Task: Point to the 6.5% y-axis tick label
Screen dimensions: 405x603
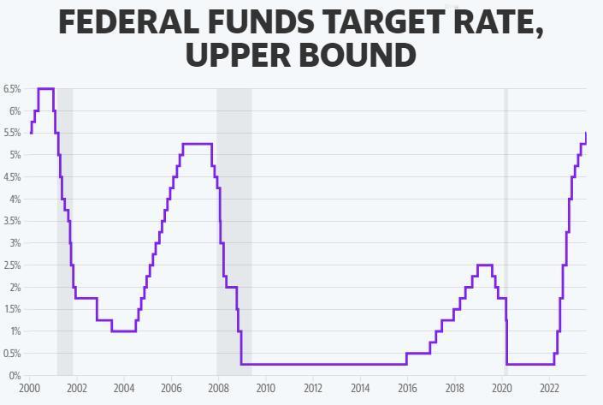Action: coord(12,89)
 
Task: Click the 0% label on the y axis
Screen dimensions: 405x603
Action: coord(14,376)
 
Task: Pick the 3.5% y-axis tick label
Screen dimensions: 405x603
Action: coord(12,222)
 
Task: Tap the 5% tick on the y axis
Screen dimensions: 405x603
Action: coord(14,155)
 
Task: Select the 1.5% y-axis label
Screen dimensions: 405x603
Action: coord(12,310)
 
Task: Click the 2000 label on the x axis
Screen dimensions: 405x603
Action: coord(30,388)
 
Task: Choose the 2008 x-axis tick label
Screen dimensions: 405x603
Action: coord(218,388)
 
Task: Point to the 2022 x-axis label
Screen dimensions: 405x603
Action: coord(548,388)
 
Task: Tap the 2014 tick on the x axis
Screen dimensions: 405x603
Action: coord(360,388)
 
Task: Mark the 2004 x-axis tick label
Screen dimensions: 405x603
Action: coord(124,388)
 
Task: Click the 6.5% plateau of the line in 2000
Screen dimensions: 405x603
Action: coord(45,88)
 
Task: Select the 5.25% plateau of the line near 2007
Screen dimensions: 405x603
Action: coord(197,144)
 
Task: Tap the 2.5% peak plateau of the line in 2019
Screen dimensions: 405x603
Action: coord(484,265)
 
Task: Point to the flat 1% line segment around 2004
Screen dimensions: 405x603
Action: coord(124,331)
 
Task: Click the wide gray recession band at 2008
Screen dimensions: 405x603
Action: coord(234,214)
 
